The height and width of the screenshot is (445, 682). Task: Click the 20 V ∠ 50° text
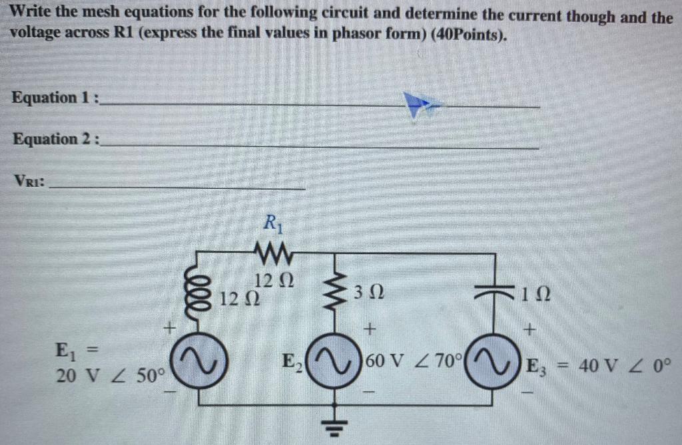click(110, 376)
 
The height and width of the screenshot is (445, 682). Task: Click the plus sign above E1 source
click(170, 328)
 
